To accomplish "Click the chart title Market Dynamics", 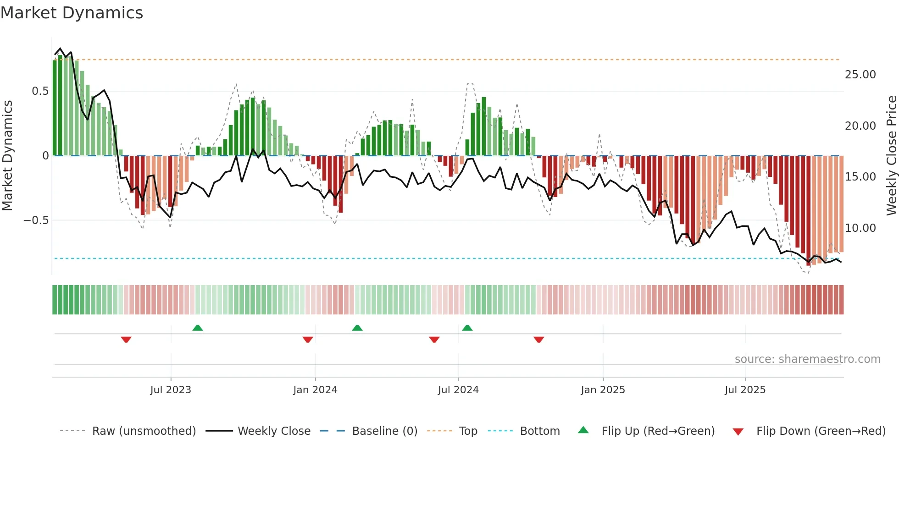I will [x=72, y=13].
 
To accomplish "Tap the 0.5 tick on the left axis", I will [x=40, y=91].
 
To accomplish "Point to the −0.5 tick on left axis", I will [x=36, y=220].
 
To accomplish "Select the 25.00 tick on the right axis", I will [x=860, y=75].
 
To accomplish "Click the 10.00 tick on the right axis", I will [x=860, y=228].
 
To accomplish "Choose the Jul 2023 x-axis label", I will [x=171, y=390].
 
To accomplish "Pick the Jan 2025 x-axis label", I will [x=603, y=390].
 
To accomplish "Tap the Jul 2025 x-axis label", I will [x=745, y=390].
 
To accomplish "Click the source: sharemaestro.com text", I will [x=807, y=359].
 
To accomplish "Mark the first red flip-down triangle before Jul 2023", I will [x=126, y=340].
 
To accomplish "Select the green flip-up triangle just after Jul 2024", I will [x=467, y=328].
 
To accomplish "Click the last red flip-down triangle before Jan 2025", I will [x=538, y=340].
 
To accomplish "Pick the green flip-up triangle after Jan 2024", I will [x=357, y=328].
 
